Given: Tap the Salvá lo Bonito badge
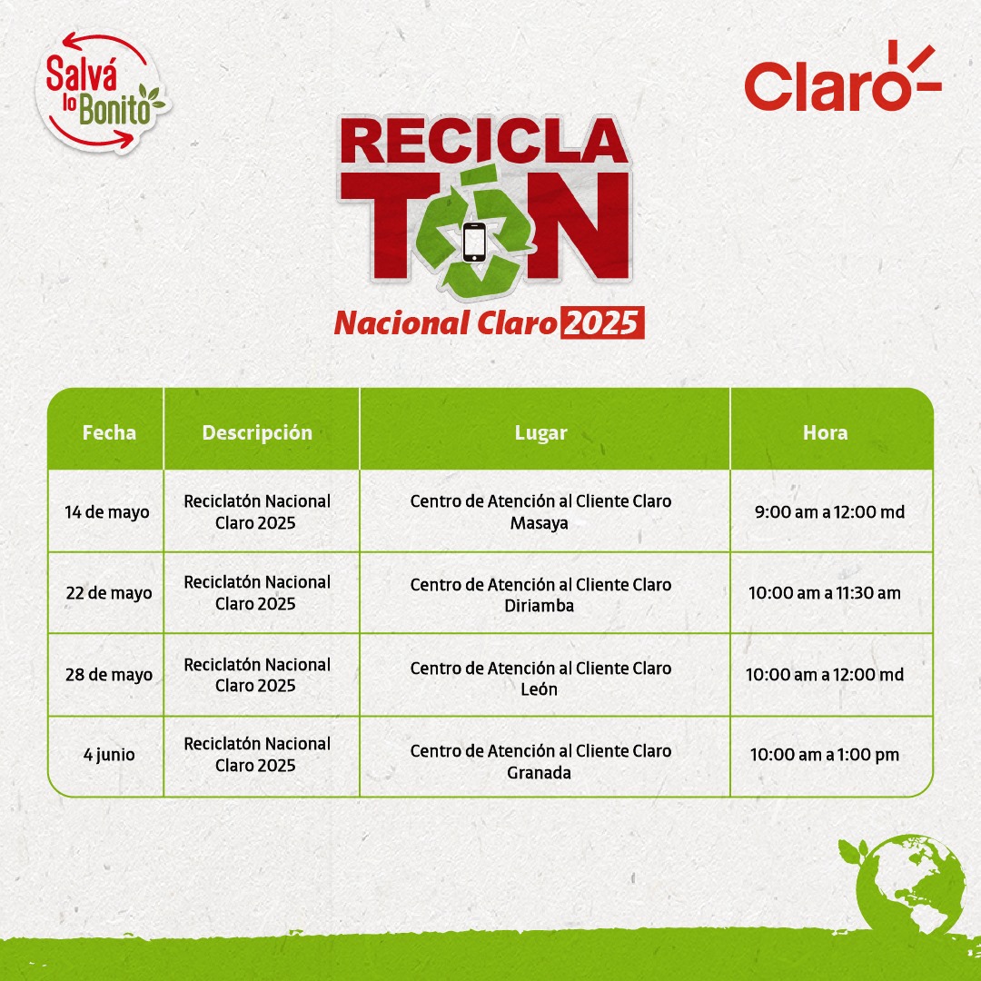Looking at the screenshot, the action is (102, 92).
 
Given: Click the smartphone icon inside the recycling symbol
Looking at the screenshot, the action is (474, 243).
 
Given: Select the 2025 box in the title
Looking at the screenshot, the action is (602, 322).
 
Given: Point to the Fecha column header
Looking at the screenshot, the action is (110, 432).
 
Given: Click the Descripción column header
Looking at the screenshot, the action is (257, 433).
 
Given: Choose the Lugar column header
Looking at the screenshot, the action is (541, 433).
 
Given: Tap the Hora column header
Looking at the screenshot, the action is (825, 432).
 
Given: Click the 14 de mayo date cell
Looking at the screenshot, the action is (107, 511).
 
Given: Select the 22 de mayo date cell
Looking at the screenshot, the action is (109, 592).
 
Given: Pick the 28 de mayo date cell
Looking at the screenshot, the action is (109, 674).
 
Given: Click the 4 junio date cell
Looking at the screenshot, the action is (110, 755).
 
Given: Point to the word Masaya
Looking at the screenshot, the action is (540, 523).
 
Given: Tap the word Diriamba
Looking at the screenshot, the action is (540, 606).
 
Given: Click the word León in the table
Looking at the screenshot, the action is (540, 689).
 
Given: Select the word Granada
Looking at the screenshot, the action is (540, 773).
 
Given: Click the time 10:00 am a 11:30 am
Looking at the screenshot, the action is (825, 592).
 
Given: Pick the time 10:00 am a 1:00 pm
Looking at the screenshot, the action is (825, 755).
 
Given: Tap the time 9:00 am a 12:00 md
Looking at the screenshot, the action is (829, 511).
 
